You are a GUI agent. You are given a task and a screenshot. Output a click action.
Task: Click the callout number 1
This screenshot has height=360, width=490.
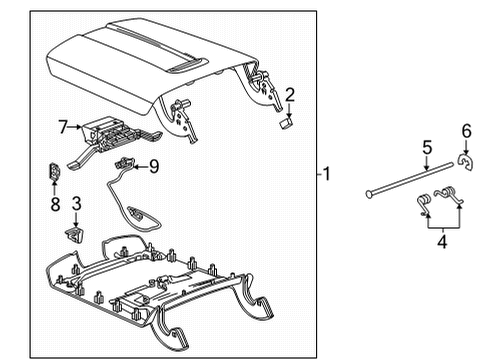(327, 174)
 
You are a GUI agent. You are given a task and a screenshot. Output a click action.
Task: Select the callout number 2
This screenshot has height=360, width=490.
(290, 95)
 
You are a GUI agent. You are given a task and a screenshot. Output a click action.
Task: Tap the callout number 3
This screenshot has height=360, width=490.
(76, 203)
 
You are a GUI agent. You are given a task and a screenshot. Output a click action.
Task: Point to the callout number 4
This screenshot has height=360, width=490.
(442, 241)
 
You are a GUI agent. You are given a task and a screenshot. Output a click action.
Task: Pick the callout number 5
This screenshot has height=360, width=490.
(427, 148)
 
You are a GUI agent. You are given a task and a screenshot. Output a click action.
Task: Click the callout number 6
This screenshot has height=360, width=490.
(466, 131)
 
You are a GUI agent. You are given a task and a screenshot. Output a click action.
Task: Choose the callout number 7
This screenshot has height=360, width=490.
(63, 127)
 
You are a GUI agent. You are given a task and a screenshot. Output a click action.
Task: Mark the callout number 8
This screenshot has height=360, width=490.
(55, 204)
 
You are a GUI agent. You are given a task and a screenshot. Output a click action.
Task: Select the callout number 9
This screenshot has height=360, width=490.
(154, 166)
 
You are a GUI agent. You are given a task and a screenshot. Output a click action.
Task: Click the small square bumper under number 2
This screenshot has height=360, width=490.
(286, 124)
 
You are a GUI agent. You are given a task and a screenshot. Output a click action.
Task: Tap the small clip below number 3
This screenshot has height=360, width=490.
(74, 234)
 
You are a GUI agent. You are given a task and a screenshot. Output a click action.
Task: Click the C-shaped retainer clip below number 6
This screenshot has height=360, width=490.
(466, 162)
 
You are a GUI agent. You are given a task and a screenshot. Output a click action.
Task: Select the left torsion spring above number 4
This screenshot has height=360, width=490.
(423, 204)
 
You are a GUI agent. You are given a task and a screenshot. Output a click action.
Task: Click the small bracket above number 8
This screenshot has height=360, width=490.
(54, 171)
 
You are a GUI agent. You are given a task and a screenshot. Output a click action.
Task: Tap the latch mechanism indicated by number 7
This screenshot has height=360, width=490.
(113, 140)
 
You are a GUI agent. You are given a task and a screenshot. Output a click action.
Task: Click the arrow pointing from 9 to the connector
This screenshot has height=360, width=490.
(141, 166)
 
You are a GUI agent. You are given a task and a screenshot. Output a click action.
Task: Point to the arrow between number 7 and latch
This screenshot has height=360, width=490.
(75, 127)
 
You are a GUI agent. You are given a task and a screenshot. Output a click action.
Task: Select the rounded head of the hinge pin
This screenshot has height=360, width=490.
(369, 194)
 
